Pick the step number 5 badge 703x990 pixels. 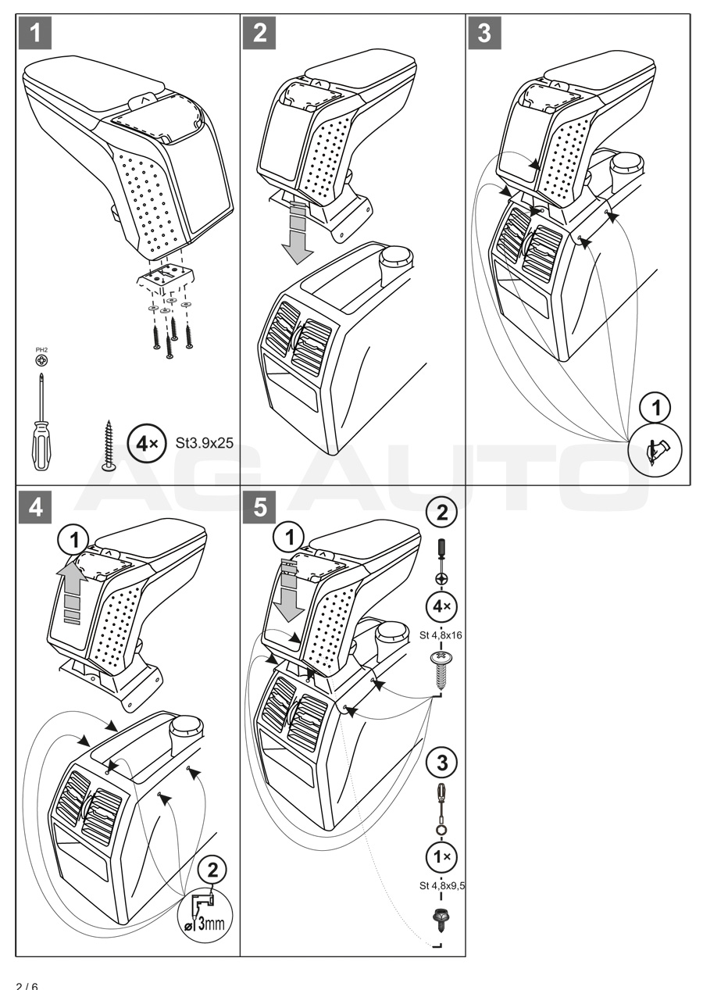(259, 506)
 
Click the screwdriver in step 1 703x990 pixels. (40, 423)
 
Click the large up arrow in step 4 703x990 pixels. (71, 590)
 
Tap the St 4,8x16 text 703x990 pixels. (441, 635)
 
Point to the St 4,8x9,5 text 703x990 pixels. (441, 885)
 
